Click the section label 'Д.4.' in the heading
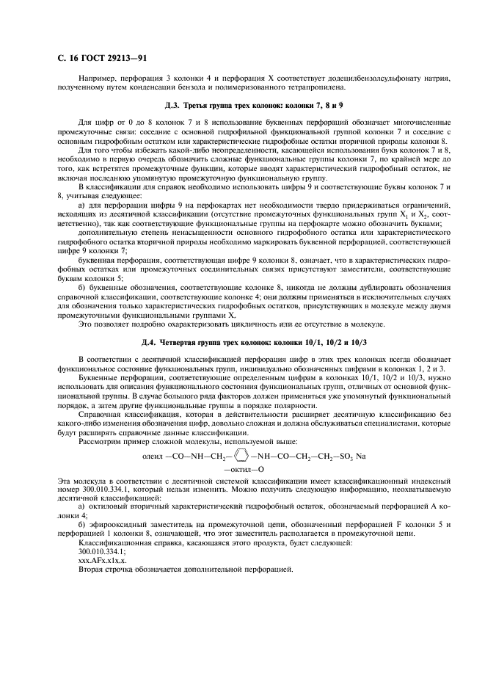tap(149, 341)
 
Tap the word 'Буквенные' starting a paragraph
tap(98, 375)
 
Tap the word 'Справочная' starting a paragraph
tap(100, 412)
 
